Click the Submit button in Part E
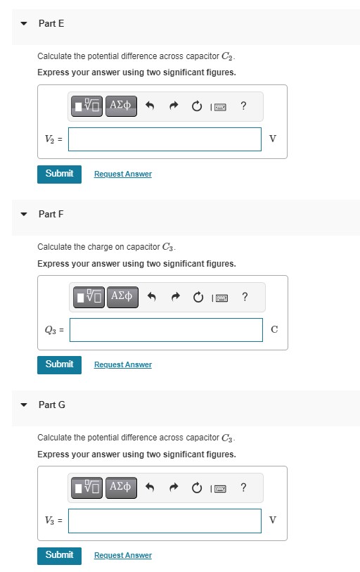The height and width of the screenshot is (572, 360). (59, 174)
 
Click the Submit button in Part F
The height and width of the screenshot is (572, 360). (59, 364)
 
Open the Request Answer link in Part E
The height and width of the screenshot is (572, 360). (122, 174)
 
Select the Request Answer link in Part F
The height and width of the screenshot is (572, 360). (122, 364)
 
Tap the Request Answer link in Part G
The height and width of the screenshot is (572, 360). (122, 555)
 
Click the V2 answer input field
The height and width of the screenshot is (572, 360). (165, 139)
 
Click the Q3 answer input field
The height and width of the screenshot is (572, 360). (165, 330)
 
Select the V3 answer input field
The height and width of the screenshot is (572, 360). (165, 521)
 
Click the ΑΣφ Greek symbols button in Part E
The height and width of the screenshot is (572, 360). (121, 106)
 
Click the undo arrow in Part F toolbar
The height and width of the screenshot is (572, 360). (150, 297)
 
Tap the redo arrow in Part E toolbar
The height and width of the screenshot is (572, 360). (173, 106)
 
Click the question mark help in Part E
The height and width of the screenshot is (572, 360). (243, 106)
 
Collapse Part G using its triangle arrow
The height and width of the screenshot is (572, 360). (24, 405)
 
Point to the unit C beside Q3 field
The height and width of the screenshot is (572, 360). (274, 330)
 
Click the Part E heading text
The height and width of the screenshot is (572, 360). (51, 23)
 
